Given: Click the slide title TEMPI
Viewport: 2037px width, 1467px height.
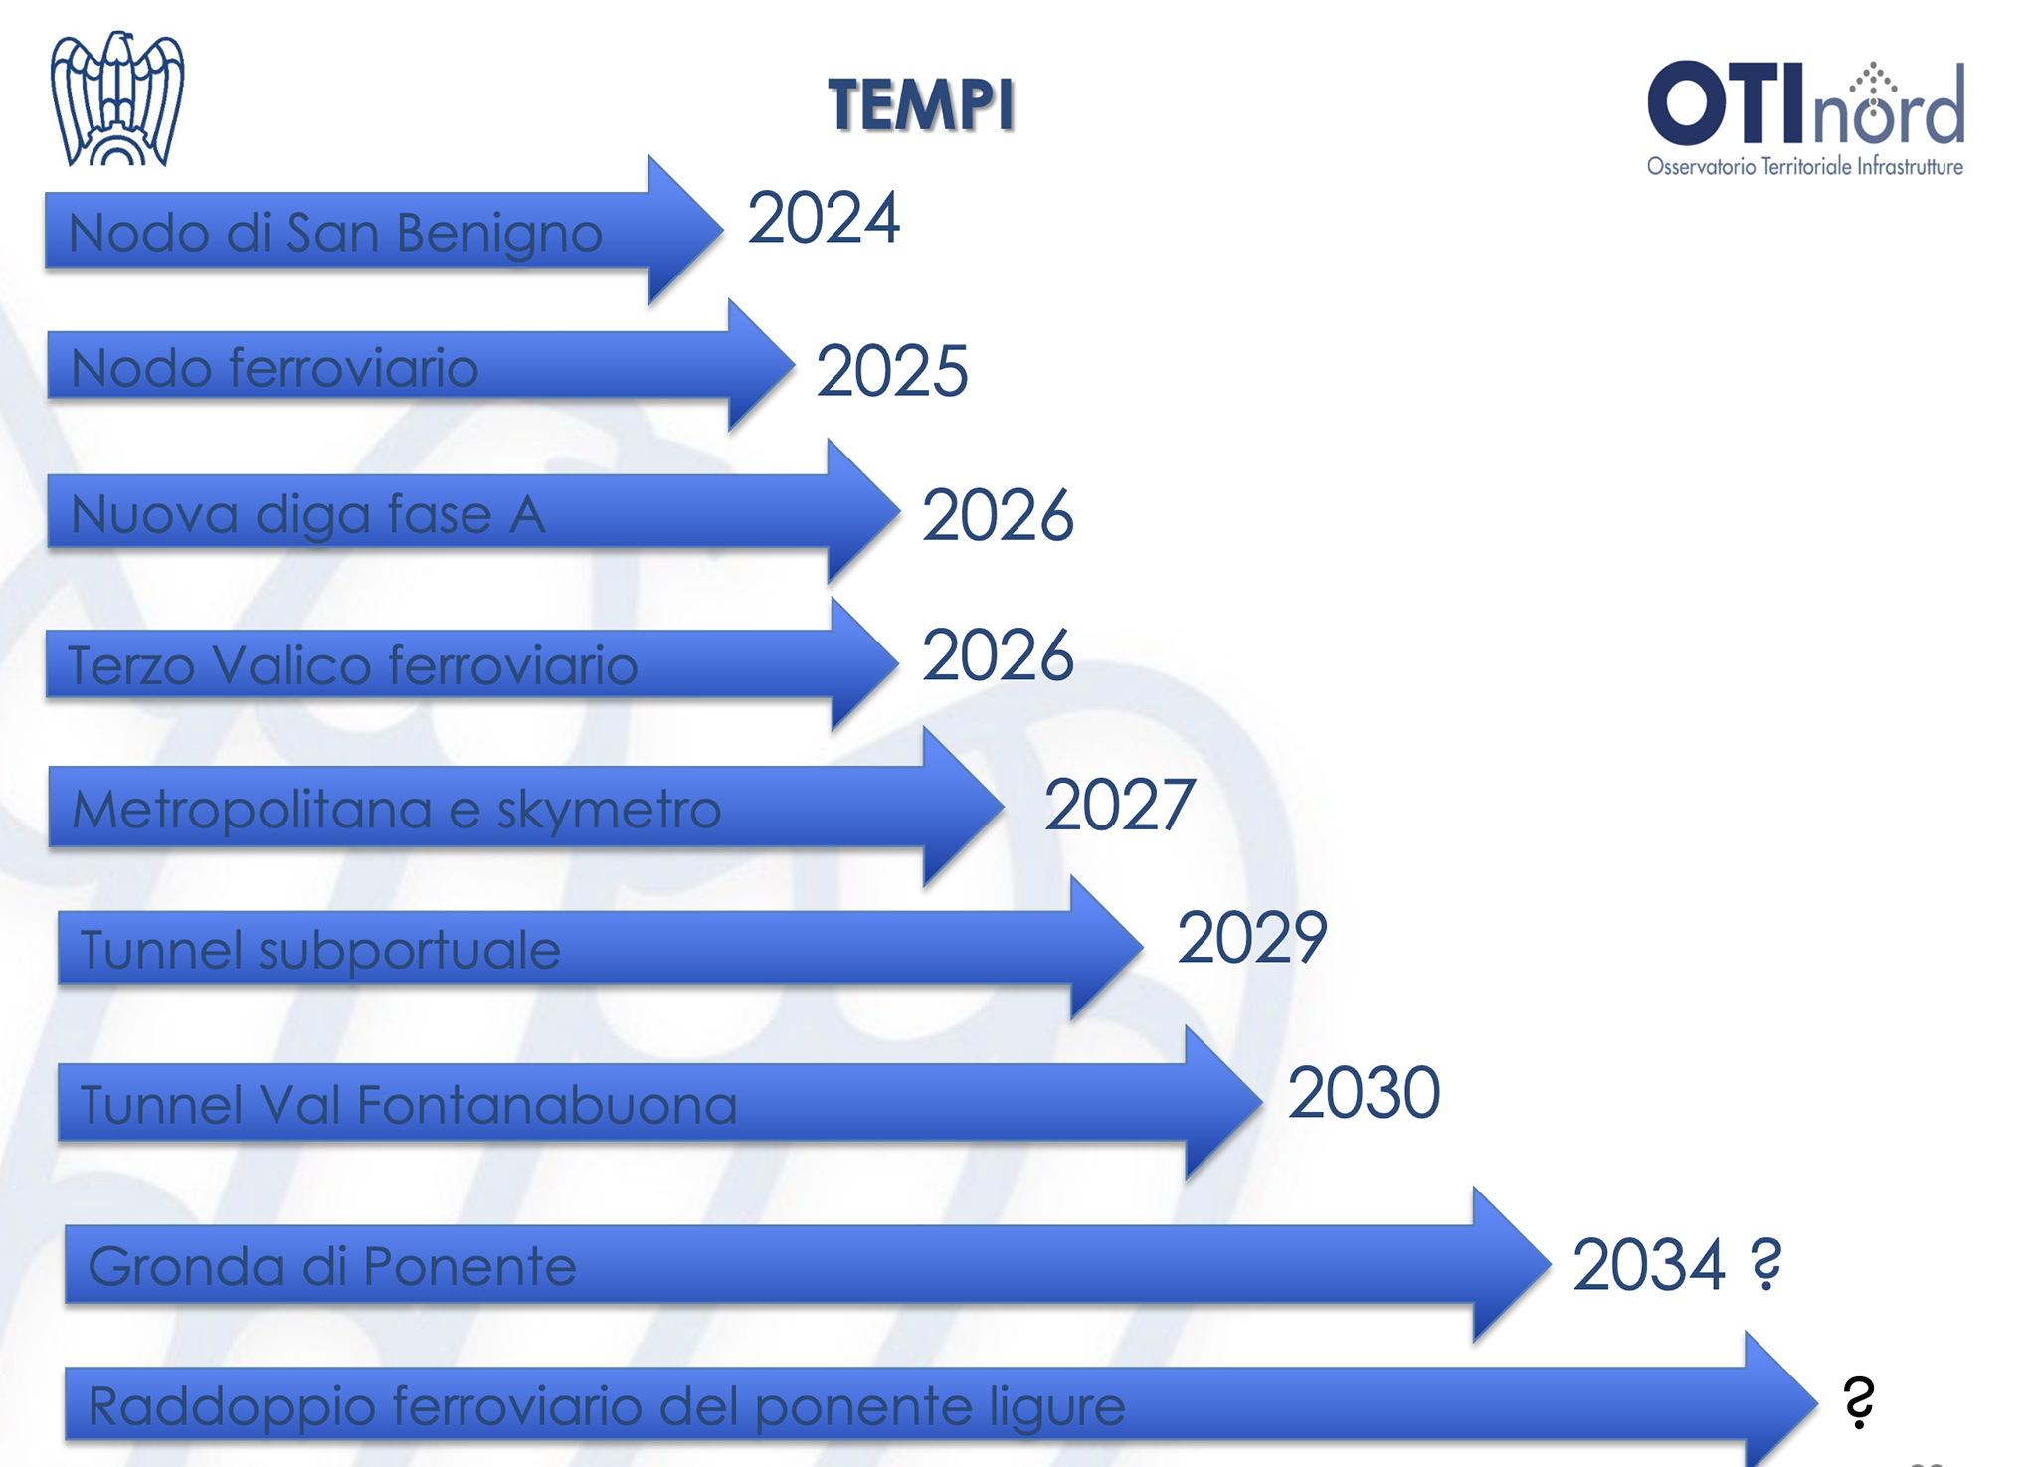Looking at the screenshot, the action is (921, 104).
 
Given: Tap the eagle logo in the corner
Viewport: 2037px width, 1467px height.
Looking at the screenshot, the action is (117, 98).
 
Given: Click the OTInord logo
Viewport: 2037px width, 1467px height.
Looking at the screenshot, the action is (1805, 117).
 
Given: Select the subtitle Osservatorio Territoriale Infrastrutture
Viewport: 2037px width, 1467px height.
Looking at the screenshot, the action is (1805, 166).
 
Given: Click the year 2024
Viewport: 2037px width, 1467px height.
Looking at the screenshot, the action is (824, 218).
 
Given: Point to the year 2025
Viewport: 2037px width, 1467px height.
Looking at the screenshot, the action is (891, 371).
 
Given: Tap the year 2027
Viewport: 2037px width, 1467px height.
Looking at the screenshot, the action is (1118, 805).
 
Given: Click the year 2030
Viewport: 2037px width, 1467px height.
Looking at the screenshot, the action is (1364, 1092).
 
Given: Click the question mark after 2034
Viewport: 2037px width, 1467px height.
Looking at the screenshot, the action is (1766, 1264).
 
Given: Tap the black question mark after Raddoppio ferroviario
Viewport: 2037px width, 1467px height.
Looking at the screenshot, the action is (1858, 1402).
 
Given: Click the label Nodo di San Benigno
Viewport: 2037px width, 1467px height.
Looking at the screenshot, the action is (335, 234).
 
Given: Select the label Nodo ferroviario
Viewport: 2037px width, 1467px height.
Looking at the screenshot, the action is (275, 367).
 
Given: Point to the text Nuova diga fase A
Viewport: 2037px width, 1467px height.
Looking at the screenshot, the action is (308, 515).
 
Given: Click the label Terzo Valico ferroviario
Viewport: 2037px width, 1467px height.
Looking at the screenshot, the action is (352, 664).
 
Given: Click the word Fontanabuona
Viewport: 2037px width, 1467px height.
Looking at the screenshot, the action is (546, 1104).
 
